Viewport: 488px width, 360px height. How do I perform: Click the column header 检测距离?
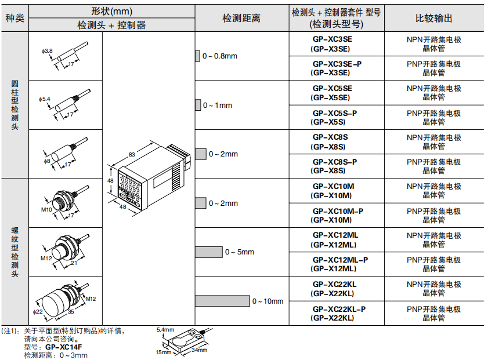coord(241,18)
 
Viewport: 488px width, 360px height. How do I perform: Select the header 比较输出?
coord(434,18)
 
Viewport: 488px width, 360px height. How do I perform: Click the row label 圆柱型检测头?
coord(15,105)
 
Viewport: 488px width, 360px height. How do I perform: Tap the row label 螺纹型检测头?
coord(15,252)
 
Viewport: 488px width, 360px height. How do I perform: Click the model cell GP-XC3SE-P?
coord(337,68)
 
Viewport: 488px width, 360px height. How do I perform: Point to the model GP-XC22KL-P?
coord(337,313)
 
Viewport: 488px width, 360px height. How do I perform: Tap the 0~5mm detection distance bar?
coord(208,252)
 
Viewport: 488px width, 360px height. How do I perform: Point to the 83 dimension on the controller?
coord(132,155)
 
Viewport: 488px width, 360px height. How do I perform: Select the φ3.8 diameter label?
coord(47,51)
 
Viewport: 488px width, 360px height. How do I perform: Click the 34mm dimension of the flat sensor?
coord(199,350)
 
